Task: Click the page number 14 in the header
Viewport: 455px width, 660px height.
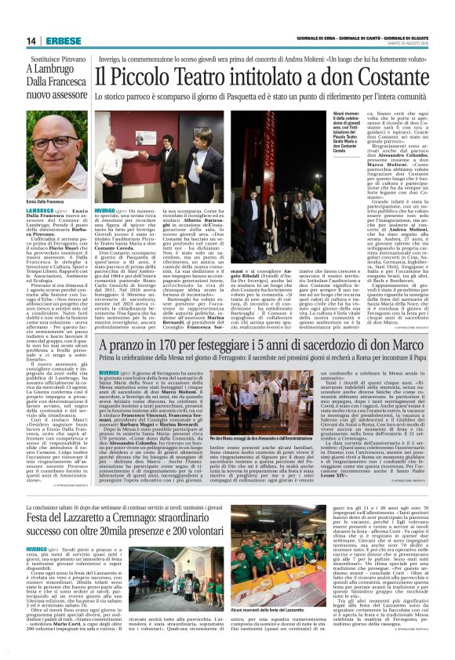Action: (31, 41)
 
